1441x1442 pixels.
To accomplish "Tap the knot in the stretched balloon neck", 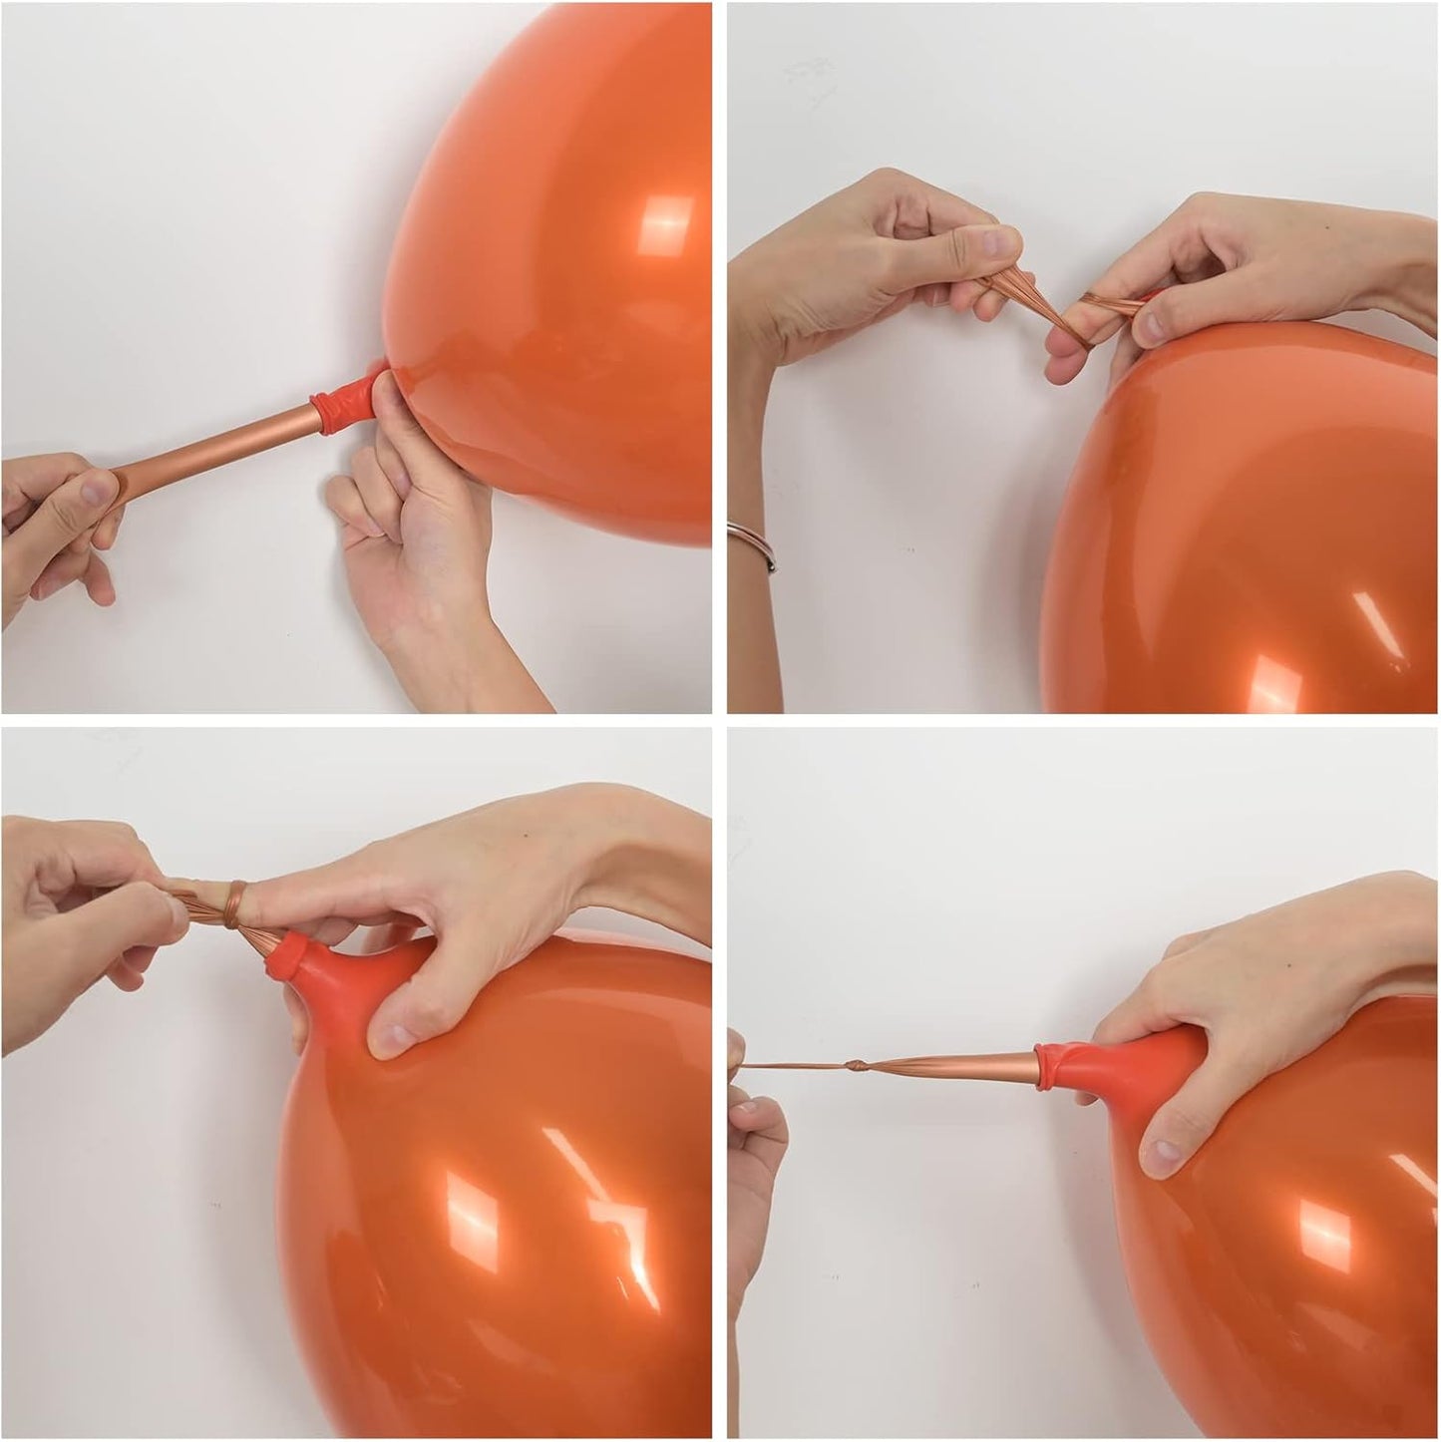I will pos(857,1063).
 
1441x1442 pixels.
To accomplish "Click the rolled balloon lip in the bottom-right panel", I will pos(1055,1060).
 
